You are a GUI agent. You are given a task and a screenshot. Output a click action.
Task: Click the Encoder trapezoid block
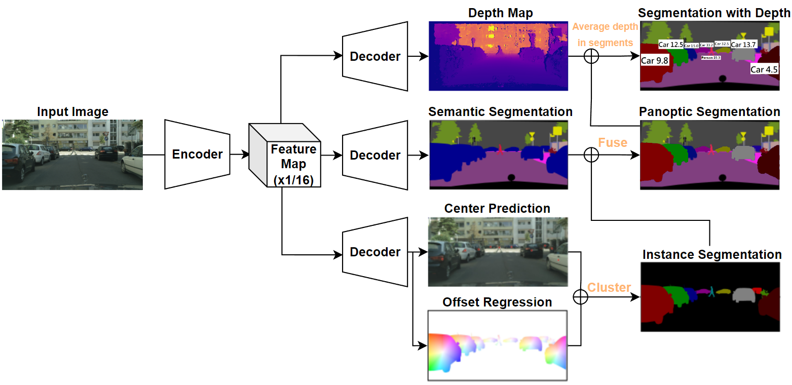[197, 155]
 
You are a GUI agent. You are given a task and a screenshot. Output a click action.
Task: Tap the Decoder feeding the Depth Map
[375, 56]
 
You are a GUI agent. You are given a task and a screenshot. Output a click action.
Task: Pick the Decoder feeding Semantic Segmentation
[375, 155]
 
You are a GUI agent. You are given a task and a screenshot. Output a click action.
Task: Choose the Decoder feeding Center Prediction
[375, 252]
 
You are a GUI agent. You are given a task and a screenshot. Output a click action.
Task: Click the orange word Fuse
[613, 142]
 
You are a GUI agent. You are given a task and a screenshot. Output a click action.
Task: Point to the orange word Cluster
[609, 288]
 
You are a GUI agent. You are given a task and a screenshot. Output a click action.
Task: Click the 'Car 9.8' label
[655, 61]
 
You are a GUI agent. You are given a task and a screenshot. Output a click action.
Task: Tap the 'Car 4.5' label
[764, 69]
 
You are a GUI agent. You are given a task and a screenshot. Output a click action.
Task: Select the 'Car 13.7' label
[743, 45]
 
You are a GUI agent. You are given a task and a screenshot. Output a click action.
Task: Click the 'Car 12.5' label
[670, 45]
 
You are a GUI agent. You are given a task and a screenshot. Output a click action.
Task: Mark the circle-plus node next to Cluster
[580, 297]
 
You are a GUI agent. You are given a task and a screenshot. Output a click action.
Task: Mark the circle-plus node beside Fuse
[591, 155]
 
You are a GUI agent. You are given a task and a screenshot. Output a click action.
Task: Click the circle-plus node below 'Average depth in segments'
[591, 56]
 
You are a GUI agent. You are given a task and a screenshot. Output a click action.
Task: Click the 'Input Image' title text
[72, 112]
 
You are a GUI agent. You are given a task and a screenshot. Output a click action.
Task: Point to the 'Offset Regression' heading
[497, 302]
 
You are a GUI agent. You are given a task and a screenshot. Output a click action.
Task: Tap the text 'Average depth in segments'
[606, 35]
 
